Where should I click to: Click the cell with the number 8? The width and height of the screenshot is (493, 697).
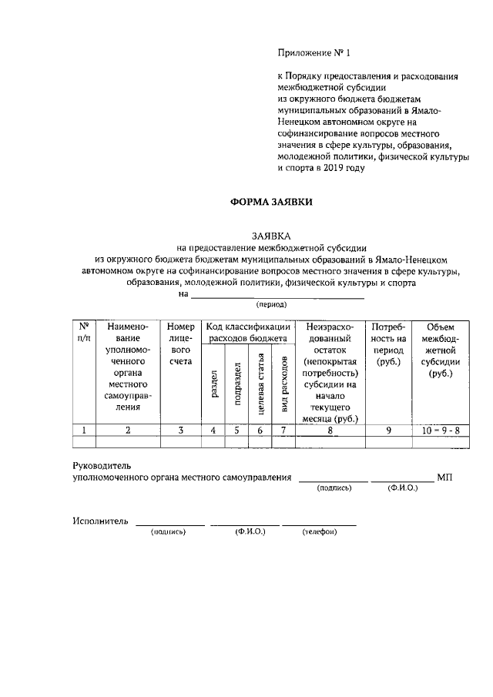click(329, 431)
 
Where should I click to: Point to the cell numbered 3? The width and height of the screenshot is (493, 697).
click(179, 431)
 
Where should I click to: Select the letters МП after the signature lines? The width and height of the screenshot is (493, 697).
click(444, 478)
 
